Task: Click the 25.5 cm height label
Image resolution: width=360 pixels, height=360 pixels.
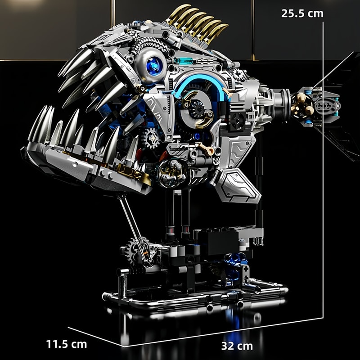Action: coord(302,13)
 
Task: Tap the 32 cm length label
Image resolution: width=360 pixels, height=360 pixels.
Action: coord(237,346)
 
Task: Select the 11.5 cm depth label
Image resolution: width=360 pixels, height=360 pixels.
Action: coord(67,344)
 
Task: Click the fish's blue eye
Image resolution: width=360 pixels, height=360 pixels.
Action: coord(154,66)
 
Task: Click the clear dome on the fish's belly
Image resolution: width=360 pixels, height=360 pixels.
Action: coord(171,173)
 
